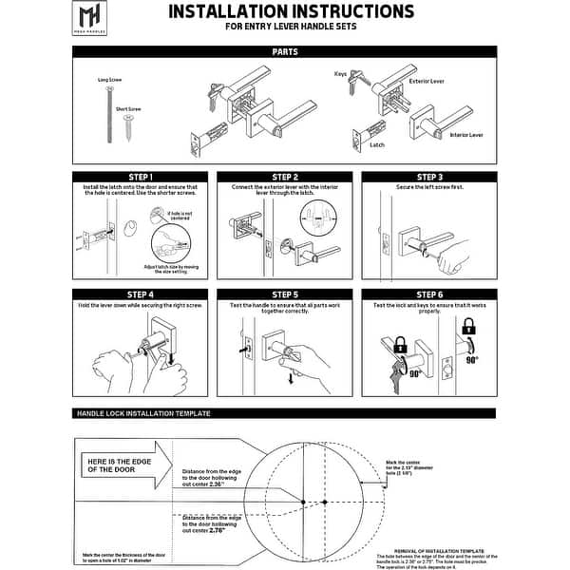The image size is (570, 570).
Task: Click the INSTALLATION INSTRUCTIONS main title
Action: click(x=291, y=12)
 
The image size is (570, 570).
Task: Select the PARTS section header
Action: click(x=285, y=52)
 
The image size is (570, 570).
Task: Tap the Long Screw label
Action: click(x=109, y=80)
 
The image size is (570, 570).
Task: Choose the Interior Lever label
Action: click(x=465, y=136)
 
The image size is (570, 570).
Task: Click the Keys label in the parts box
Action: click(x=340, y=73)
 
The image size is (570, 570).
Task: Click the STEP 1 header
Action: click(x=140, y=177)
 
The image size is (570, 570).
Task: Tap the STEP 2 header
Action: click(x=284, y=177)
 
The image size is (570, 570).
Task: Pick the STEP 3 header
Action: click(x=428, y=177)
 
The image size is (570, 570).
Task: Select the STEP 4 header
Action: click(x=140, y=294)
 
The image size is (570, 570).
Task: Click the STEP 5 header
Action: click(x=284, y=294)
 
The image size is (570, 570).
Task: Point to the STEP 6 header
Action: click(x=428, y=294)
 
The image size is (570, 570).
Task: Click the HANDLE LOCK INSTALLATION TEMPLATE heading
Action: click(x=142, y=414)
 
